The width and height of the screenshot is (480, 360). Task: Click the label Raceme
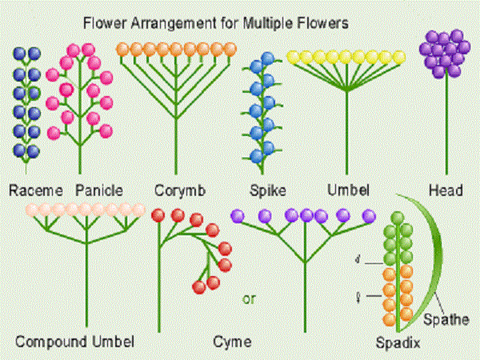pyautogui.click(x=36, y=190)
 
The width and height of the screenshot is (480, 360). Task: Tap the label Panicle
pyautogui.click(x=99, y=190)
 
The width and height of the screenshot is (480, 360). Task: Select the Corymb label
pyautogui.click(x=180, y=190)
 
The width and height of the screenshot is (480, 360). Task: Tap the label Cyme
pyautogui.click(x=233, y=342)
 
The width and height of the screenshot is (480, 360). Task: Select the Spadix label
pyautogui.click(x=398, y=345)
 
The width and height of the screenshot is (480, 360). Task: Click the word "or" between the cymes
pyautogui.click(x=249, y=300)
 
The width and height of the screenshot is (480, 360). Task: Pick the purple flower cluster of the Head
pyautogui.click(x=446, y=54)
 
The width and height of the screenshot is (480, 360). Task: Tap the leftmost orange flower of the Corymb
pyautogui.click(x=123, y=49)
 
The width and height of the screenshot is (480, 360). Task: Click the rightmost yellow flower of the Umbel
pyautogui.click(x=398, y=58)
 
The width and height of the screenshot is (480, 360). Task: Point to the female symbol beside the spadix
pyautogui.click(x=359, y=297)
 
